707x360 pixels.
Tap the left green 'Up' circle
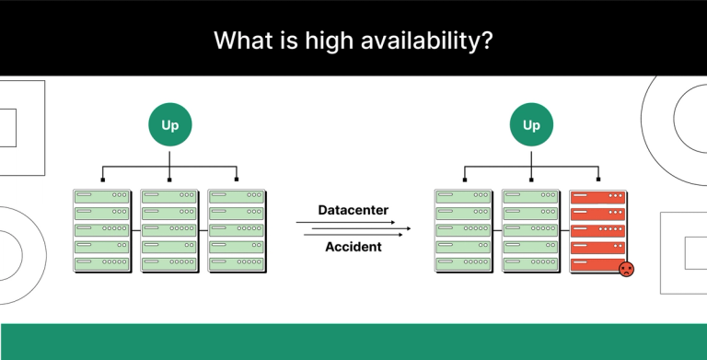pyautogui.click(x=170, y=125)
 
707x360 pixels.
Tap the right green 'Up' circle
pyautogui.click(x=531, y=125)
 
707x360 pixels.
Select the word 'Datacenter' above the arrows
pyautogui.click(x=353, y=210)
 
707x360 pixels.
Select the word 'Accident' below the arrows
pyautogui.click(x=353, y=247)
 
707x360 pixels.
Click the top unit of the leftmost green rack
pyautogui.click(x=102, y=196)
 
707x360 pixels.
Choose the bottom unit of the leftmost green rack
pyautogui.click(x=102, y=264)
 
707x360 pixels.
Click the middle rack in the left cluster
pyautogui.click(x=169, y=230)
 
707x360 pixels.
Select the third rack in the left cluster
pyautogui.click(x=237, y=230)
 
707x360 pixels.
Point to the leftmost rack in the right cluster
pyautogui.click(x=463, y=230)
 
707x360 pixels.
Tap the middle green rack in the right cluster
pyautogui.click(x=530, y=230)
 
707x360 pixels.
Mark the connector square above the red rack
pyautogui.click(x=597, y=180)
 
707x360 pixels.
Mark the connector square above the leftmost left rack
pyautogui.click(x=102, y=180)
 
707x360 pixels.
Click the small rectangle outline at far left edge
pyautogui.click(x=7, y=127)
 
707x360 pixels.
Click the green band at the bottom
pyautogui.click(x=353, y=342)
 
